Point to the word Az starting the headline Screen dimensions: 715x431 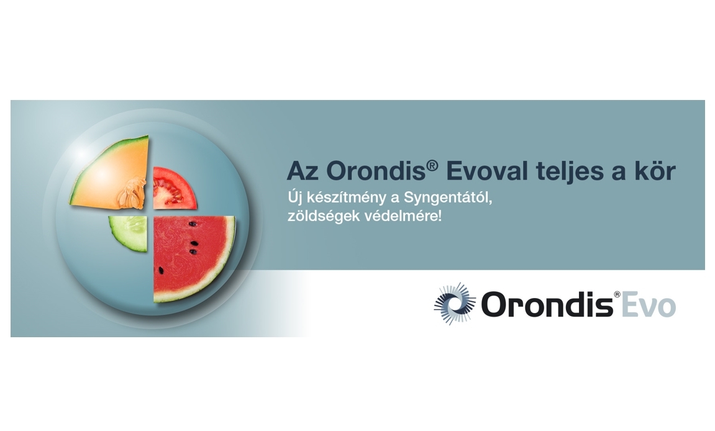[x=303, y=171]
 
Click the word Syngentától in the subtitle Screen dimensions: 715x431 [x=448, y=198]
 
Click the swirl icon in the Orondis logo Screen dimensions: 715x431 [x=455, y=304]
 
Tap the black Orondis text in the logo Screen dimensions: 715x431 [x=547, y=304]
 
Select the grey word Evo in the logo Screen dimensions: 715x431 [x=649, y=305]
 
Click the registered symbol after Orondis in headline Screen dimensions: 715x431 [x=432, y=165]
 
